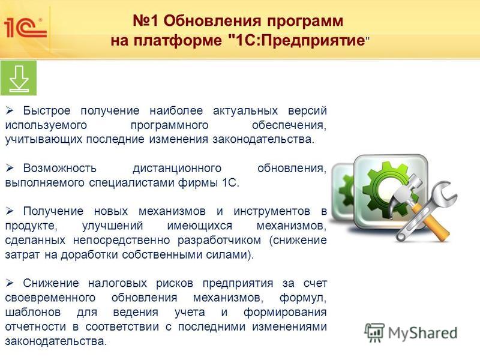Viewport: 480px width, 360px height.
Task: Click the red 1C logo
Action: (25, 28)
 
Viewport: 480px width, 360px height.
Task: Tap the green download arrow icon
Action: (19, 78)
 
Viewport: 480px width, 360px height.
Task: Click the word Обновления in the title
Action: (212, 21)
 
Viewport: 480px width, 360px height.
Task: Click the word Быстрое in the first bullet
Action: (47, 111)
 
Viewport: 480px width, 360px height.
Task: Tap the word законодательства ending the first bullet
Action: (263, 139)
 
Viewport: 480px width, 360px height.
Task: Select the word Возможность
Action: (59, 168)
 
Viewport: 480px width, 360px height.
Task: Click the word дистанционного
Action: (177, 169)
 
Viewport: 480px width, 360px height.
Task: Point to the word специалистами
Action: (132, 183)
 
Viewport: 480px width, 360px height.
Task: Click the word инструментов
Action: (272, 212)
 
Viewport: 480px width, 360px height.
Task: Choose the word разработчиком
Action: (219, 241)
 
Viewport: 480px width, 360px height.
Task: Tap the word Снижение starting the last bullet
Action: (51, 283)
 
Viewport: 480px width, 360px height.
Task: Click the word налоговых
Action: (117, 283)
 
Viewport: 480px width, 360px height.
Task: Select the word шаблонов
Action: (33, 312)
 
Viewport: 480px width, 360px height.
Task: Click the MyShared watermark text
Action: (422, 333)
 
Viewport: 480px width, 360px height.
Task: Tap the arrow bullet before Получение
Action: (10, 211)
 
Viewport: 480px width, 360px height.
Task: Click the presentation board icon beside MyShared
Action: (374, 332)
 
